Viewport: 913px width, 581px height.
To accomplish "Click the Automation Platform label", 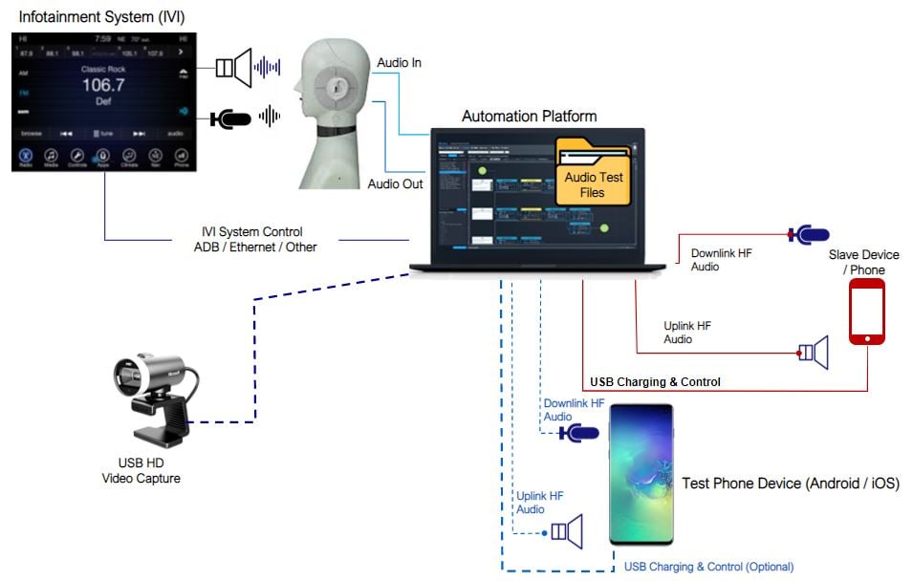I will tap(529, 117).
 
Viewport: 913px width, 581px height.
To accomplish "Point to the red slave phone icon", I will tap(866, 312).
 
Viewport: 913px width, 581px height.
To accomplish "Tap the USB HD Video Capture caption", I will tap(141, 471).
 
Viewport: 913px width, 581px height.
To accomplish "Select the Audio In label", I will tap(400, 63).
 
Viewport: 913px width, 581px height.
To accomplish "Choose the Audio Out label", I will tap(395, 184).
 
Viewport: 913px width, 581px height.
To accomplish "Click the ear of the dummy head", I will tap(336, 86).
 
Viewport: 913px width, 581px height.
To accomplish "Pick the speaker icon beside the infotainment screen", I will tap(234, 67).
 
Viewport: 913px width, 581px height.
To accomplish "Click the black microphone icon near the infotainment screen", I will tap(230, 118).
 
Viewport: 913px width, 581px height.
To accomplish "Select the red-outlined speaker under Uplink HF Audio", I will tap(814, 354).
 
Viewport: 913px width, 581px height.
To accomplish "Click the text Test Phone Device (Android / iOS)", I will tap(790, 484).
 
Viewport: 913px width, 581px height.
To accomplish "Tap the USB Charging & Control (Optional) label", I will tap(708, 567).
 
